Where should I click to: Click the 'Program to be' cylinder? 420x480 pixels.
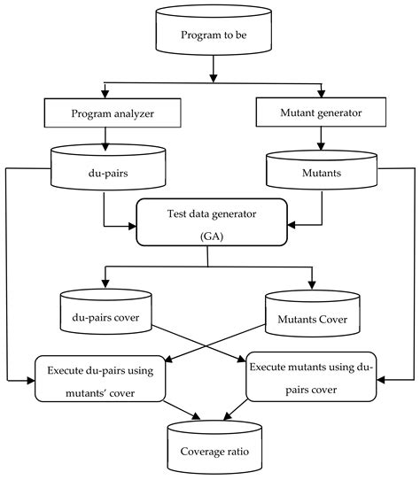click(210, 35)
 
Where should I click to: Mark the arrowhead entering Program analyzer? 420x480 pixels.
click(105, 91)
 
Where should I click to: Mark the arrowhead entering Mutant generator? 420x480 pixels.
click(320, 91)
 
